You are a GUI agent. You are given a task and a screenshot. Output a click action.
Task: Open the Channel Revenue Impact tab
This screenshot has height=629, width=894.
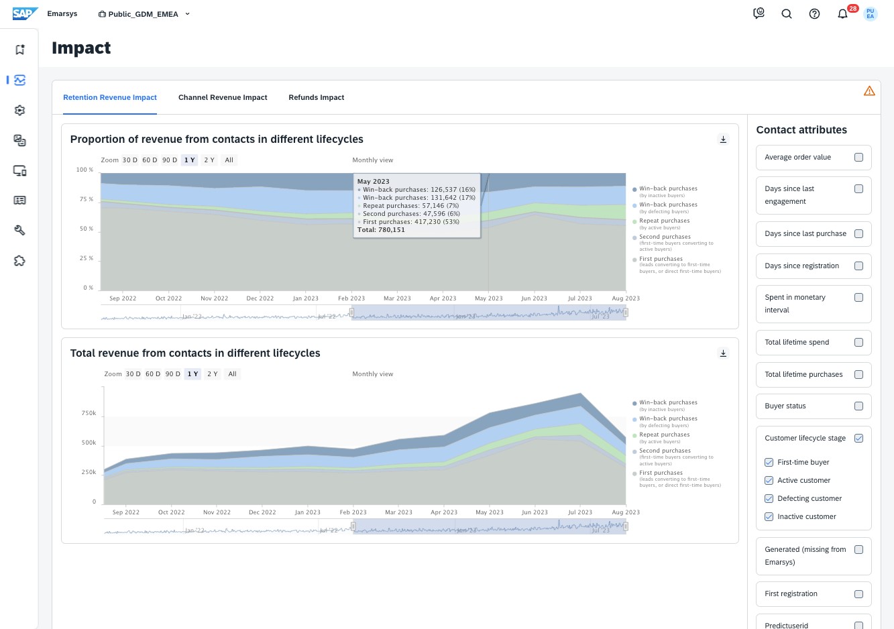[x=223, y=97]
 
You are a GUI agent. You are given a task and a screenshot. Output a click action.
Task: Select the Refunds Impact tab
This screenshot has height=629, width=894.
[x=316, y=97]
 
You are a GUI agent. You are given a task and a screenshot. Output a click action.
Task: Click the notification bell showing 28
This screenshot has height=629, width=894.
[x=842, y=13]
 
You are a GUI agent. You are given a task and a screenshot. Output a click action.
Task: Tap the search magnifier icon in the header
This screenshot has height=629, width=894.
[x=787, y=13]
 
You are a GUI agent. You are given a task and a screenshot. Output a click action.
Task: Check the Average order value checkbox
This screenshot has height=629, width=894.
[x=858, y=157]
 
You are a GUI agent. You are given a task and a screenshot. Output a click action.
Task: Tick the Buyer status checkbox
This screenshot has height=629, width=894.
[x=858, y=406]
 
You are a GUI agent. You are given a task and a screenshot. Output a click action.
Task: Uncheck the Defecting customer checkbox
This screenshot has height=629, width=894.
[x=769, y=498]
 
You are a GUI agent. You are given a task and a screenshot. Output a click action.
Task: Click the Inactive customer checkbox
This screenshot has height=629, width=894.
[x=769, y=516]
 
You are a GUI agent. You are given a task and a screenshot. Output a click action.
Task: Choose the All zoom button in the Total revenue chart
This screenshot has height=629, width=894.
[x=232, y=374]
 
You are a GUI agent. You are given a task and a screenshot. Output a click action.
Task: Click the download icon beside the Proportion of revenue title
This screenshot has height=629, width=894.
[x=723, y=139]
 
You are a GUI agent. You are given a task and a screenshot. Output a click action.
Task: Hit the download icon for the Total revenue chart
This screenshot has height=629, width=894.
[x=723, y=353]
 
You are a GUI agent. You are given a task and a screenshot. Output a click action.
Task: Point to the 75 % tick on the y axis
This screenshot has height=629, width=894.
[x=86, y=199]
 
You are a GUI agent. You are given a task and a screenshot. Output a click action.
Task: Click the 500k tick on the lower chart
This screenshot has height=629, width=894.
[x=89, y=443]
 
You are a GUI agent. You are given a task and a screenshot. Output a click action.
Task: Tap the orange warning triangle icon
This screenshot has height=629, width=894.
[x=869, y=91]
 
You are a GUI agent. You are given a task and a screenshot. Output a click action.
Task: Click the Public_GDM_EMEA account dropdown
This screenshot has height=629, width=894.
[x=144, y=13]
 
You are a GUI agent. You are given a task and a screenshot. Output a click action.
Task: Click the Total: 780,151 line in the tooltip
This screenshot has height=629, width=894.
[x=381, y=229]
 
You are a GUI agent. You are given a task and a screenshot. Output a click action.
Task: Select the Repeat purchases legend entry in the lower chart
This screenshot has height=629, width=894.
[x=664, y=435]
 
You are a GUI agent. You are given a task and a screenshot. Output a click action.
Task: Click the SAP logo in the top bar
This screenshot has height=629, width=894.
[x=25, y=13]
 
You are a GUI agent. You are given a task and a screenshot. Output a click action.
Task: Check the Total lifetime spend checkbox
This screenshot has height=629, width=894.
[x=858, y=342]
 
